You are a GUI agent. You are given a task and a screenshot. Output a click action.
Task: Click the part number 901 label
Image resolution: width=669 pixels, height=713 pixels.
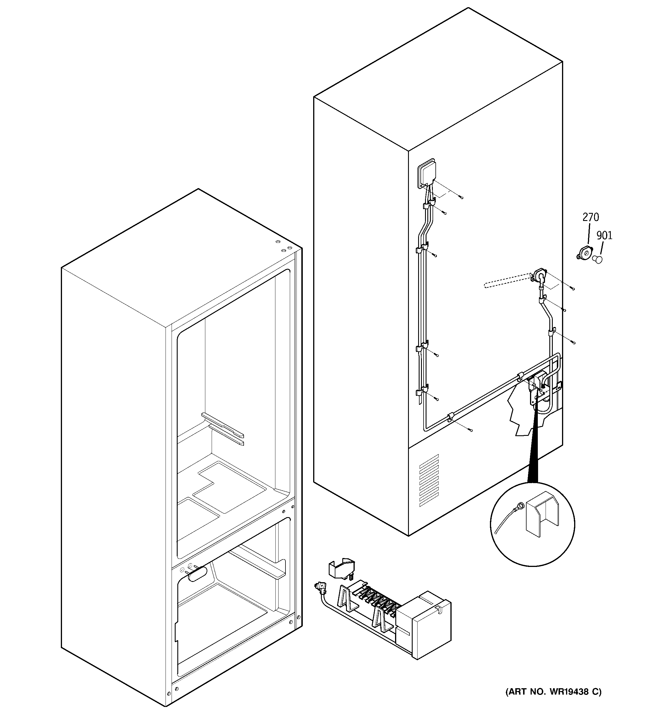click(604, 235)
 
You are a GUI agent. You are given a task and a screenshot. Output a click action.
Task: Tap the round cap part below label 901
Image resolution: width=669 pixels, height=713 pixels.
click(597, 259)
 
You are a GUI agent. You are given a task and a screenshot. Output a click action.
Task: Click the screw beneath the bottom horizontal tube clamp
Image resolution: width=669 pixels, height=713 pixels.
click(471, 430)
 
